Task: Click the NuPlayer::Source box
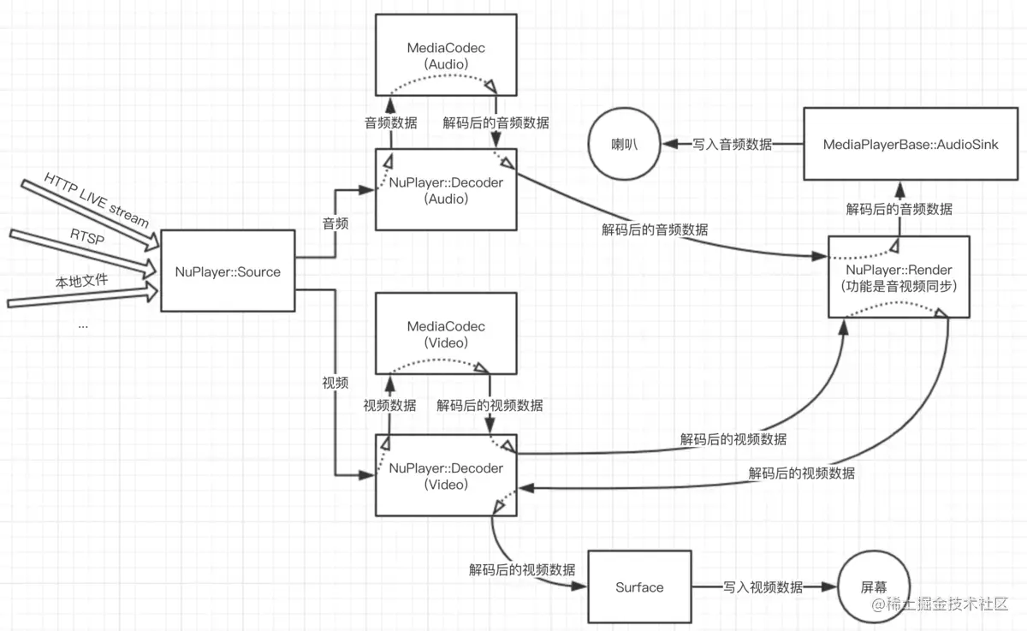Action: [227, 271]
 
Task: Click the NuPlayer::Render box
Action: [899, 277]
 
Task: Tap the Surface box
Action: [639, 587]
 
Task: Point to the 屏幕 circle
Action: [873, 587]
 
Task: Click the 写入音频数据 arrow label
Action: [732, 145]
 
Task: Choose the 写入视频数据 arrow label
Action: [763, 587]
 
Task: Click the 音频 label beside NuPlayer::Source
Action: [335, 224]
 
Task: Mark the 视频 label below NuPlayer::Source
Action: [335, 383]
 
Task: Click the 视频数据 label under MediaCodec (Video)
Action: [389, 406]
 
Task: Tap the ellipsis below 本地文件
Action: [84, 324]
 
